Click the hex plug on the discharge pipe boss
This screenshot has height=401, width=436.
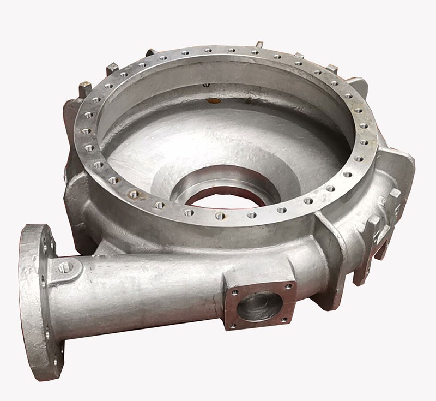65,267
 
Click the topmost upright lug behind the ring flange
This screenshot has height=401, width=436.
259,45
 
